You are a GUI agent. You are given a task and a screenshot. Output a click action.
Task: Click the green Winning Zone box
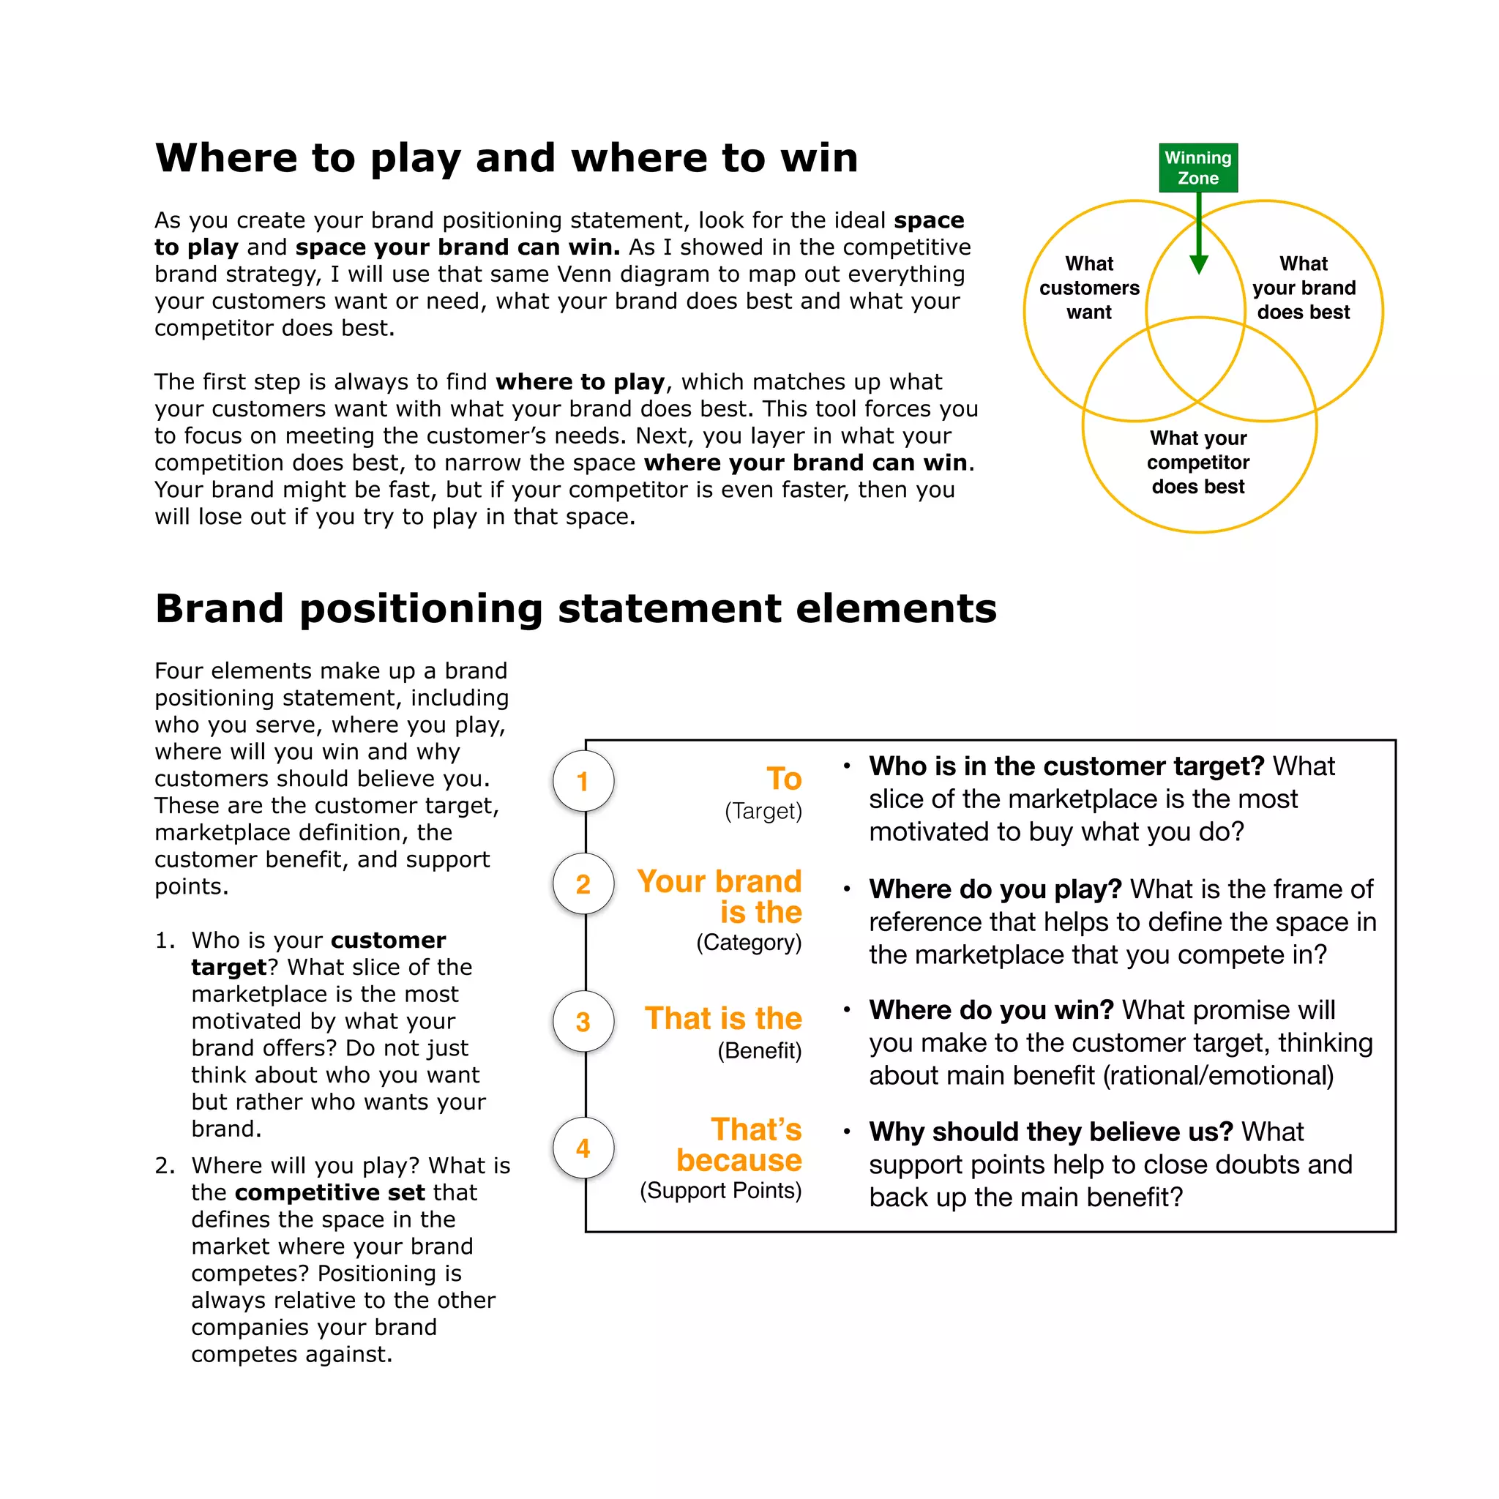[1198, 168]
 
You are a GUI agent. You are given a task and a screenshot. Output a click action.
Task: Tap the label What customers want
[1089, 288]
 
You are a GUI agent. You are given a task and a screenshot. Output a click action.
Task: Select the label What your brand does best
[1304, 288]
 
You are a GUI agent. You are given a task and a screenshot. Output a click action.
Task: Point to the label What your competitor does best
[1198, 463]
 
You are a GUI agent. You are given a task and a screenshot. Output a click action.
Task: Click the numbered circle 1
[583, 781]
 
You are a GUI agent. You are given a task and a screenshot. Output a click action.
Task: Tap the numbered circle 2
[583, 883]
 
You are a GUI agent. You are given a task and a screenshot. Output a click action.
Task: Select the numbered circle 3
[583, 1022]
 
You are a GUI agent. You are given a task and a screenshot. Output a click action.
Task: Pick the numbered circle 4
[583, 1148]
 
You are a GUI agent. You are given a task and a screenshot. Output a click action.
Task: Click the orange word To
[784, 779]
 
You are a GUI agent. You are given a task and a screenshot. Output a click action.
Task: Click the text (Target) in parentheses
[763, 812]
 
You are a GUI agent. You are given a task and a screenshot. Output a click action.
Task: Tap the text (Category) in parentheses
[749, 943]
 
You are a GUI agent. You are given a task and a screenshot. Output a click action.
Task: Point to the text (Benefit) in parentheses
[760, 1050]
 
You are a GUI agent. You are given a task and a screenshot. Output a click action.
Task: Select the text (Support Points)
[721, 1190]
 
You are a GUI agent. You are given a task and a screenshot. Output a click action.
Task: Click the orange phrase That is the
[723, 1018]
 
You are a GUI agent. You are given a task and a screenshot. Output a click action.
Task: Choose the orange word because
[739, 1160]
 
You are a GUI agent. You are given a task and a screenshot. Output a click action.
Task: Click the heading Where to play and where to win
[506, 158]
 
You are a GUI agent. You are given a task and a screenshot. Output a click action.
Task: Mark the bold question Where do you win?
[991, 1009]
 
